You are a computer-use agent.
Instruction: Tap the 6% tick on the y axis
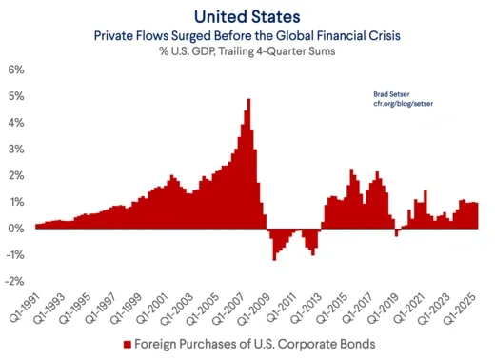pyautogui.click(x=17, y=70)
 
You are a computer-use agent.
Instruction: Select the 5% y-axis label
pyautogui.click(x=17, y=97)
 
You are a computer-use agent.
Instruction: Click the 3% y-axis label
pyautogui.click(x=17, y=150)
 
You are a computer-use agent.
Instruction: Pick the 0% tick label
pyautogui.click(x=17, y=229)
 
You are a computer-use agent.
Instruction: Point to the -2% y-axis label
pyautogui.click(x=15, y=282)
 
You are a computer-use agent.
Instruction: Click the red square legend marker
pyautogui.click(x=127, y=344)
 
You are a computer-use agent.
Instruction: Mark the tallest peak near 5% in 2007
pyautogui.click(x=248, y=100)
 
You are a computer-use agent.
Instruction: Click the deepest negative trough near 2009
pyautogui.click(x=274, y=259)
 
